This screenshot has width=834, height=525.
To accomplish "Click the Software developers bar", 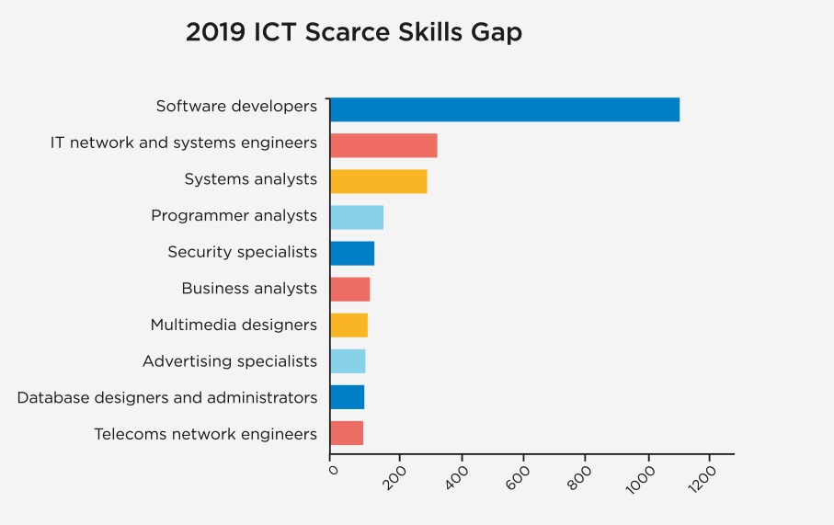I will (504, 109).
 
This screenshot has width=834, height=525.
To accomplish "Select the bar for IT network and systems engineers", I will (383, 145).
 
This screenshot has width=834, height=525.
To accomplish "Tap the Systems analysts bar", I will (378, 181).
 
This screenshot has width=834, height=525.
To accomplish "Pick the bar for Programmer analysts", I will (356, 217).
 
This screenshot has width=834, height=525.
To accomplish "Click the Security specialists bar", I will (351, 253).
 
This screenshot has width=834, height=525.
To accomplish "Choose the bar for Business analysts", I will (349, 289).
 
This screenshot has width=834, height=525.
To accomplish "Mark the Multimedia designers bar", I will (348, 325).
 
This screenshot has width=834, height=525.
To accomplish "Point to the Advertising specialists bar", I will (348, 361).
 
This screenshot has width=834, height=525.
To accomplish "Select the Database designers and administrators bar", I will (347, 397).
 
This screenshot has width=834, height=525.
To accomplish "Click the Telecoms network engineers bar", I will (346, 433).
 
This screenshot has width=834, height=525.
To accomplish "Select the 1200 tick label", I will (706, 479).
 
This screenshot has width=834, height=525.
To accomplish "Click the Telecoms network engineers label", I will (205, 434).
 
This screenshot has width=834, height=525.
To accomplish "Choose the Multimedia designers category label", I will (233, 325).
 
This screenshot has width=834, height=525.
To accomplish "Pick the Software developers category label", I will (236, 107).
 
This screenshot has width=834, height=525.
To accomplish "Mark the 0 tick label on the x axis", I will (332, 470).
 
